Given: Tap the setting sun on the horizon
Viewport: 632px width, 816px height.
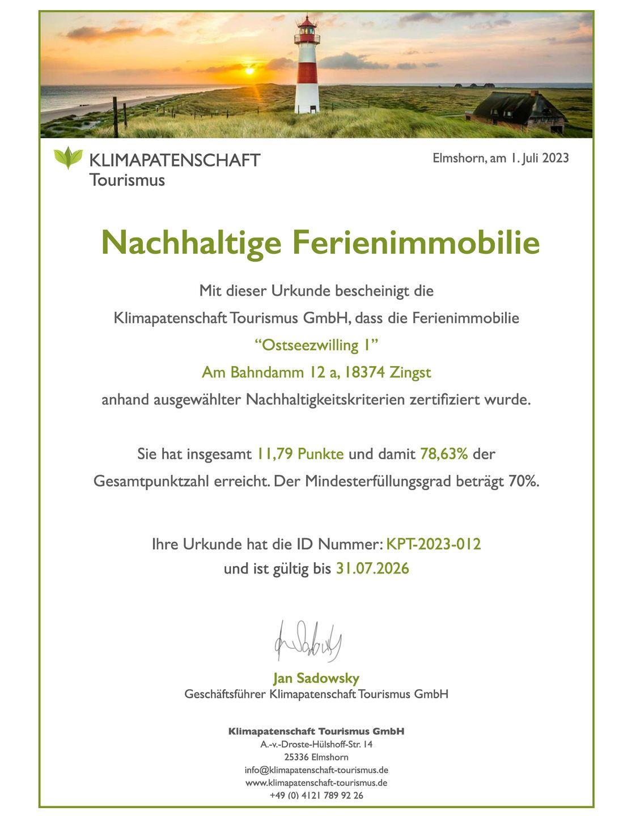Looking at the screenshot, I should (249, 71).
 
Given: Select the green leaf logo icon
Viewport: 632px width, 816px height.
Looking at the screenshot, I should (68, 158).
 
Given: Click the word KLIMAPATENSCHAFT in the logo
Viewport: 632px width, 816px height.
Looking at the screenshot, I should (175, 160).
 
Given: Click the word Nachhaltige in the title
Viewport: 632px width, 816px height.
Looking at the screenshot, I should (191, 243).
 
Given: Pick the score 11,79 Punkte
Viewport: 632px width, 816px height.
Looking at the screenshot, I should (300, 454).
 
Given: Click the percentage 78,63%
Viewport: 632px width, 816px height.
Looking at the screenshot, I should (444, 454).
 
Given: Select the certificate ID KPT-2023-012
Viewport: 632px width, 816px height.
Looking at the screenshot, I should (434, 544).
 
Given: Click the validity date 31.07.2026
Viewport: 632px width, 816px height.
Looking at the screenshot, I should (372, 568).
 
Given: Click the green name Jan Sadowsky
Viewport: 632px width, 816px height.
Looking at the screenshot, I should (316, 678).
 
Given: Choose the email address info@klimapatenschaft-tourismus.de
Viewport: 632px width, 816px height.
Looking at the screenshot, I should (316, 770).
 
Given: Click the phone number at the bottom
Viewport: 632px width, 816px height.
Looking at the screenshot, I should (316, 795).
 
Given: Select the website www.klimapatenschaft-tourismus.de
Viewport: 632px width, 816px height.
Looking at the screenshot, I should (316, 783).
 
